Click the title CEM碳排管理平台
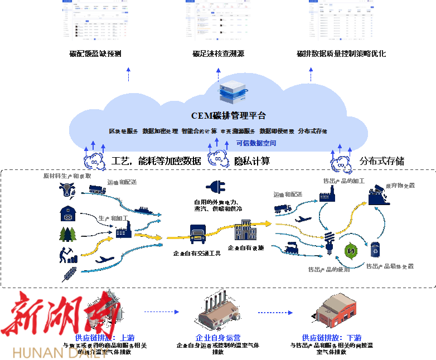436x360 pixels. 229,116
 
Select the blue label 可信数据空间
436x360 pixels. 256,143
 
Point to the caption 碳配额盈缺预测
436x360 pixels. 95,54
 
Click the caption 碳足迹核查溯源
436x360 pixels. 218,54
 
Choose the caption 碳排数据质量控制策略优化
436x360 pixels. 341,54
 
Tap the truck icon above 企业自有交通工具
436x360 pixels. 198,233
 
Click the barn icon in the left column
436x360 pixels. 67,214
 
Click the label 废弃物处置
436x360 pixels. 400,186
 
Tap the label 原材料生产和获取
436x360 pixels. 67,176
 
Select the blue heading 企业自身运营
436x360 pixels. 218,338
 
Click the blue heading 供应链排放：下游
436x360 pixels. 332,338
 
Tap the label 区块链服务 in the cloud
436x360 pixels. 123,131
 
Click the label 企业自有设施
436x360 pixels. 246,247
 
